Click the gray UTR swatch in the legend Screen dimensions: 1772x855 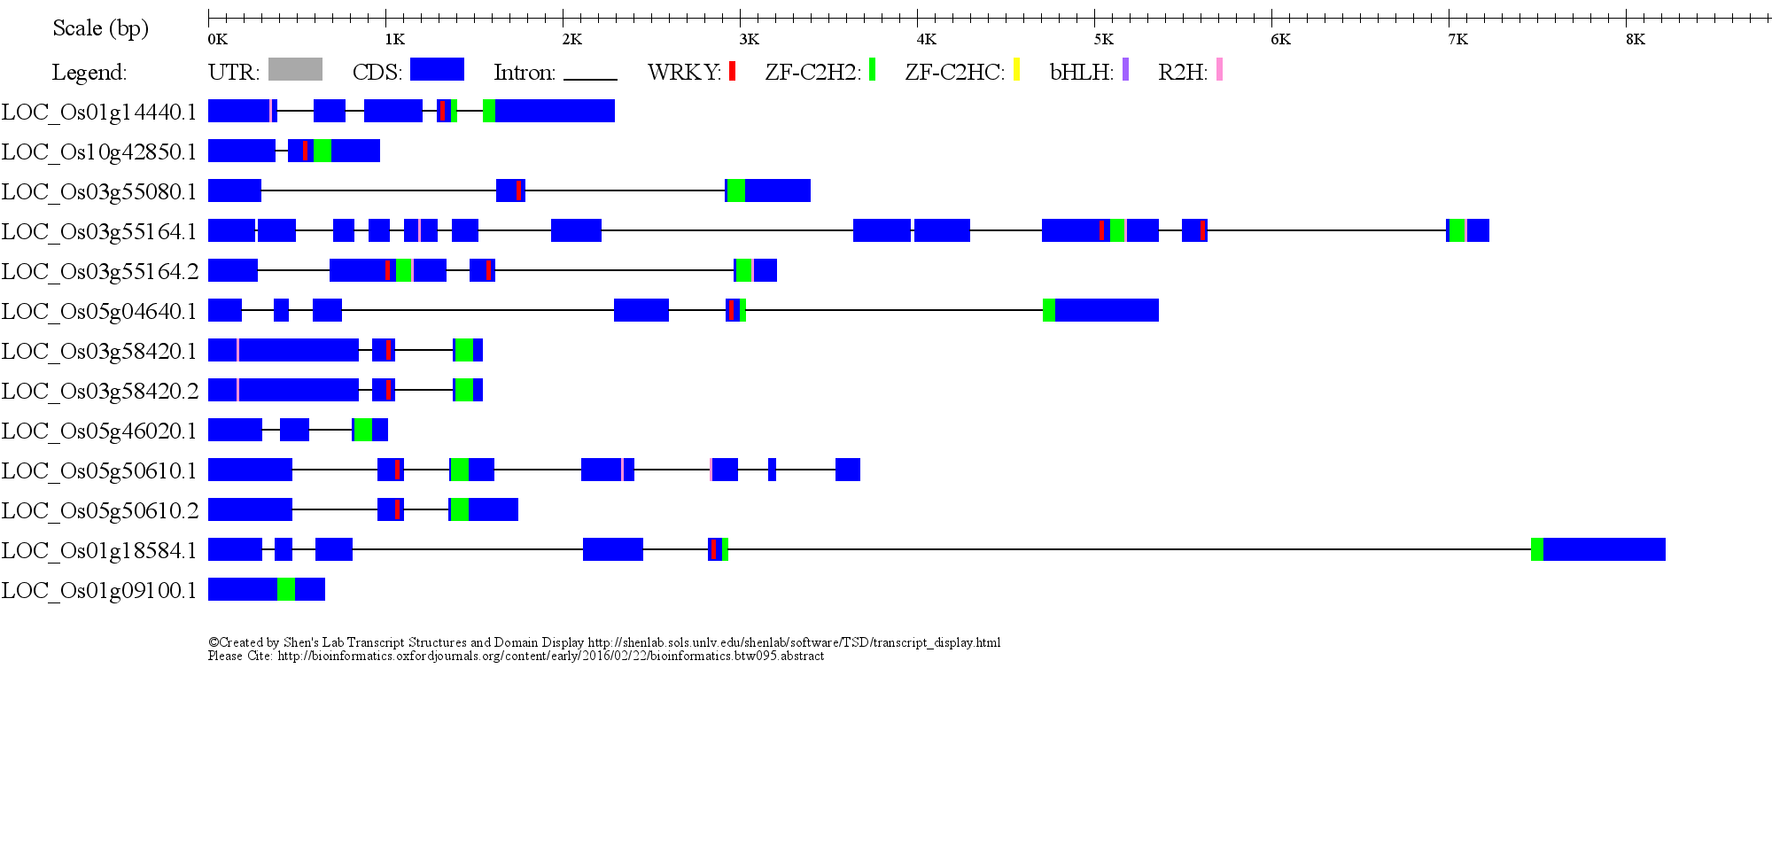click(295, 69)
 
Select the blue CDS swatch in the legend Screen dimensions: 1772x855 click(437, 69)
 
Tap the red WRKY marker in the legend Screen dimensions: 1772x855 click(732, 71)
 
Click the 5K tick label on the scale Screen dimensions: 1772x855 click(1103, 39)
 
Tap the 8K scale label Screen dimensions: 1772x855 click(1635, 39)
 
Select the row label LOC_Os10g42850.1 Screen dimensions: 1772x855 click(99, 152)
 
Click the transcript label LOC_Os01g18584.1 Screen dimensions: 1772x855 click(99, 550)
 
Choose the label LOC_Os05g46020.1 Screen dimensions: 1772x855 click(99, 431)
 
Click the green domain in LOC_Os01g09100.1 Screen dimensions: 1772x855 click(286, 589)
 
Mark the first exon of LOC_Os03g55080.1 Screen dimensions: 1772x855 click(235, 190)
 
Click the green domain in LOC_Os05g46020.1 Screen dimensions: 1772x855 click(362, 430)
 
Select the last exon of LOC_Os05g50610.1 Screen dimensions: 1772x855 click(848, 470)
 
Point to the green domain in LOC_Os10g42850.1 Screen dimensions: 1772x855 click(323, 151)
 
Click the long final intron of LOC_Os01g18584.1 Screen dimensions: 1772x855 click(1130, 549)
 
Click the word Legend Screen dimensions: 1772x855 click(89, 73)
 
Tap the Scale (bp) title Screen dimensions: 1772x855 click(101, 28)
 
